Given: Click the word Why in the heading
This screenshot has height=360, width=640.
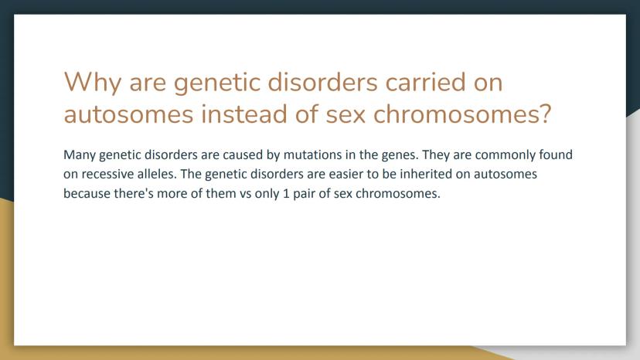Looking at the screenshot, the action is tap(93, 83).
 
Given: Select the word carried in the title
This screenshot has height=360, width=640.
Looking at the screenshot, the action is tap(425, 82).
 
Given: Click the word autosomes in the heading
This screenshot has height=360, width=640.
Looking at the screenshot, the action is tap(128, 114).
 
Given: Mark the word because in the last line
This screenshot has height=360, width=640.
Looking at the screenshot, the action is tap(87, 193).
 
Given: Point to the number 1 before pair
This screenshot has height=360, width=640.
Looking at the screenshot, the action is tap(286, 193).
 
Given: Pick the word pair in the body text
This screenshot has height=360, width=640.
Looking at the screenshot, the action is tap(304, 194).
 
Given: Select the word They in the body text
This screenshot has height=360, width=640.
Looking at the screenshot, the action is tap(435, 155).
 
